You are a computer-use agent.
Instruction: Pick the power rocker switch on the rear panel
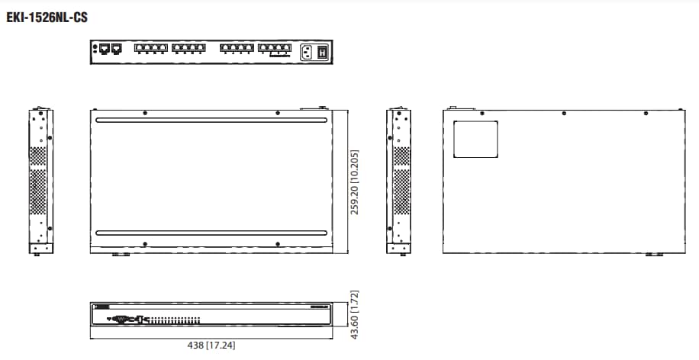[323, 52]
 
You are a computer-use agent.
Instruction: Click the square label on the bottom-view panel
[475, 139]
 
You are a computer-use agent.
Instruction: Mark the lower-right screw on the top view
[277, 244]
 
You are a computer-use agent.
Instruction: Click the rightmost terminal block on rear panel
[275, 50]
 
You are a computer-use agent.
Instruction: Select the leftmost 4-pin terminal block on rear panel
[150, 50]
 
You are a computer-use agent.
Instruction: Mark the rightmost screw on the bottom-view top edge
[646, 113]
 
